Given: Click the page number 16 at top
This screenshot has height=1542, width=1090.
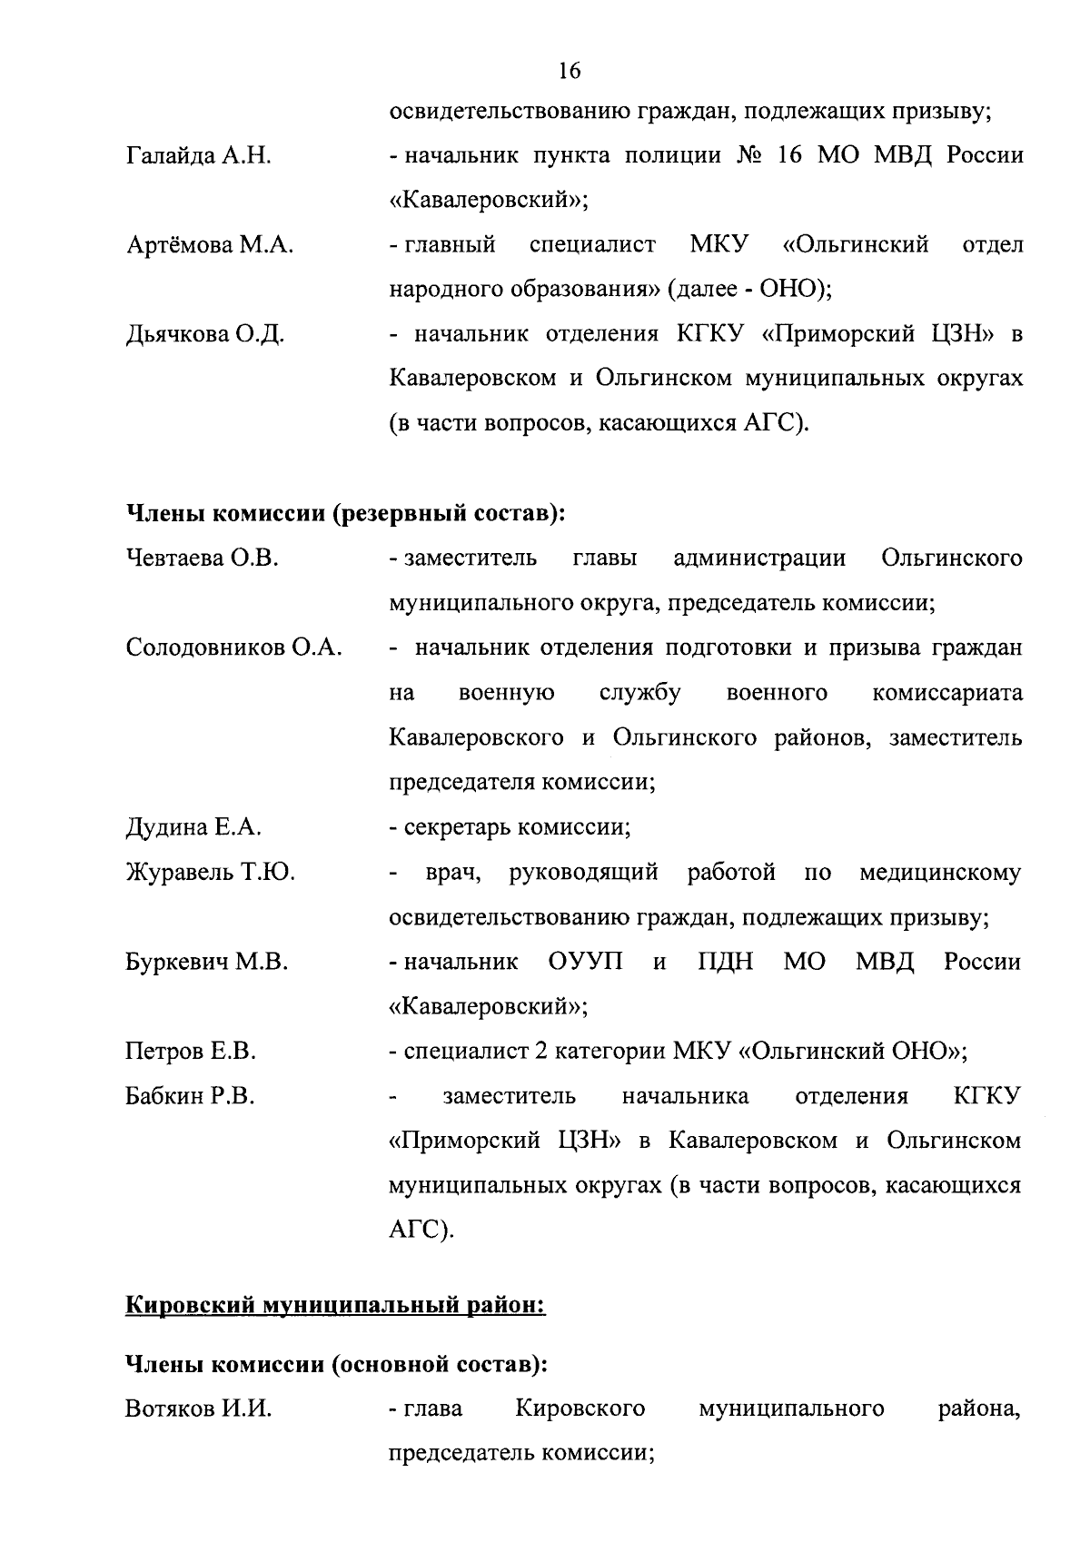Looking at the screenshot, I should pos(570,71).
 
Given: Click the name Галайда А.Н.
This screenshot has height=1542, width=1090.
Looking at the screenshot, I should pos(198,156).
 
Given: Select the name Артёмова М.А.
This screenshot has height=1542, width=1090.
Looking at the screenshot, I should pos(209,245).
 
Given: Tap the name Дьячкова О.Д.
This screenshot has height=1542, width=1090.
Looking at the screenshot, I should pos(205,335).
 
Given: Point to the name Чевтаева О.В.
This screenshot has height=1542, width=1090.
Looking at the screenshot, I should pos(202,558).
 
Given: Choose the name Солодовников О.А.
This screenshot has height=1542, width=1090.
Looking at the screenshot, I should pos(233,647).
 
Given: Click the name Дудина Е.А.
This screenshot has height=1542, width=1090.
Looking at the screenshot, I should pos(193,827).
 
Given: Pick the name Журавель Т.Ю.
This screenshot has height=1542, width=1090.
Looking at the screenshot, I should pos(210,873).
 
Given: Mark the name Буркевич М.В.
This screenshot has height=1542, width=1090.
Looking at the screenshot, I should pos(206,963).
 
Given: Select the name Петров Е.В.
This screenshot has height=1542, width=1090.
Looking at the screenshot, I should pos(191,1052).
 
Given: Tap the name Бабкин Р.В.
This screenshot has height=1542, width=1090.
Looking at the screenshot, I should pos(190,1097).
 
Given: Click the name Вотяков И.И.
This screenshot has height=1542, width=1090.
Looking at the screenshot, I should pos(198,1409).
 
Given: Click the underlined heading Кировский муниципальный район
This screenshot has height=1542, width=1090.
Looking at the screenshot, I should pos(333,1308).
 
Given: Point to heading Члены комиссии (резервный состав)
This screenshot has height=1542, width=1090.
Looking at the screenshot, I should pos(345,514).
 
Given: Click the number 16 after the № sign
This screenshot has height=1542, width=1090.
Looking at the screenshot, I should pos(788,155).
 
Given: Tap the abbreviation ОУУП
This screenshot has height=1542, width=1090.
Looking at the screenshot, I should pos(586,962).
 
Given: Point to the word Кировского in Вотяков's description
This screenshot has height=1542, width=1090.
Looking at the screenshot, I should pos(580,1409).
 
